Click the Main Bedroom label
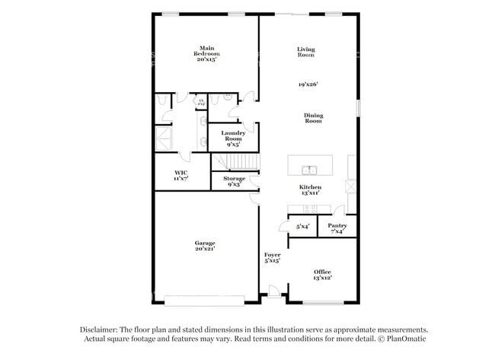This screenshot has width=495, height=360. [206, 53]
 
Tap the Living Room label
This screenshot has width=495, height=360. [306, 53]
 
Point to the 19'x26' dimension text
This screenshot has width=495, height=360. [308, 84]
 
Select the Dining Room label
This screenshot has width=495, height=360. [314, 119]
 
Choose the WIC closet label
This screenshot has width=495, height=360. [181, 174]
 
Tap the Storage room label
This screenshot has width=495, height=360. [234, 181]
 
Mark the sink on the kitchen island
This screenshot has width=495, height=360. [310, 170]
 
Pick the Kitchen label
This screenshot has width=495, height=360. [309, 190]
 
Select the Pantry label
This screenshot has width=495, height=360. [337, 228]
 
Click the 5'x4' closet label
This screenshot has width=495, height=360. [302, 226]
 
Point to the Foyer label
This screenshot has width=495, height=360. [273, 257]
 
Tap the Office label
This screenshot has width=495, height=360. [322, 274]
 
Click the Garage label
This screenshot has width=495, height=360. [205, 245]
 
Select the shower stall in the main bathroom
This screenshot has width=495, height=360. [164, 137]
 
